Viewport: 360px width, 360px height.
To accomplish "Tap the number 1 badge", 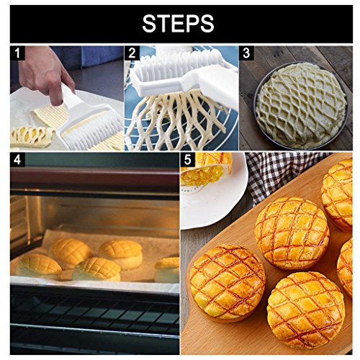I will point(18,53).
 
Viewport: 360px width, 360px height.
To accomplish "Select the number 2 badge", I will point(132,53).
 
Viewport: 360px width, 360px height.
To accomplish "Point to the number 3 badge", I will point(246,53).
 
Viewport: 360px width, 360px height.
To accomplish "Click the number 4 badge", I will point(18,160).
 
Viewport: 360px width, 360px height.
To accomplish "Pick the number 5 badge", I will point(188,160).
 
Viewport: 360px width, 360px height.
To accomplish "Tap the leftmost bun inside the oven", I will point(38,265).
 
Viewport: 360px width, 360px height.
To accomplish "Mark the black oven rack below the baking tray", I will point(94,317).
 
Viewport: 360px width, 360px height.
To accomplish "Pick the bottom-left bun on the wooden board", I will point(225,281).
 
